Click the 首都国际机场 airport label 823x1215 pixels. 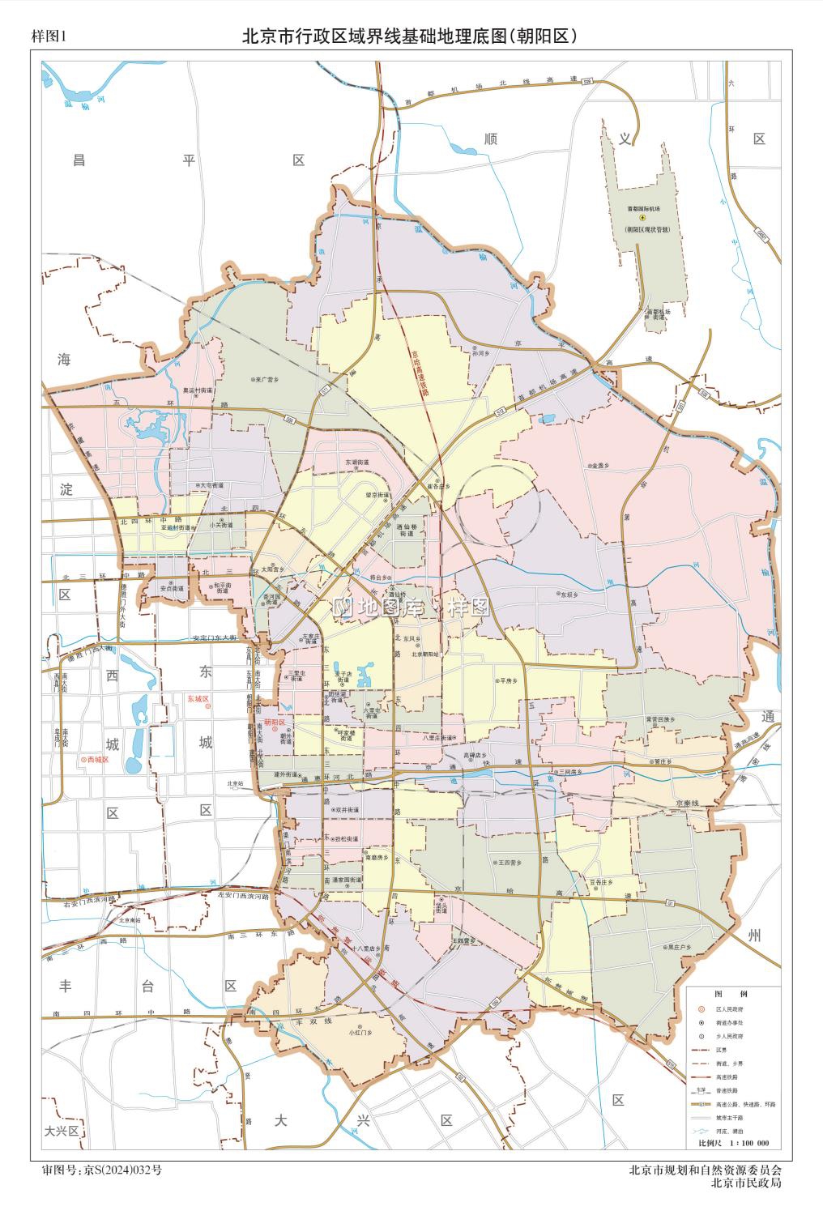coord(642,209)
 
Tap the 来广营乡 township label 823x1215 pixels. coord(267,378)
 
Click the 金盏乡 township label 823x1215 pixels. coord(601,466)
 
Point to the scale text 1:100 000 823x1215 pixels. coord(749,1144)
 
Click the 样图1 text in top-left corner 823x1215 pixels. coord(46,36)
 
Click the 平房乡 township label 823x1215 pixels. coord(510,680)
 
